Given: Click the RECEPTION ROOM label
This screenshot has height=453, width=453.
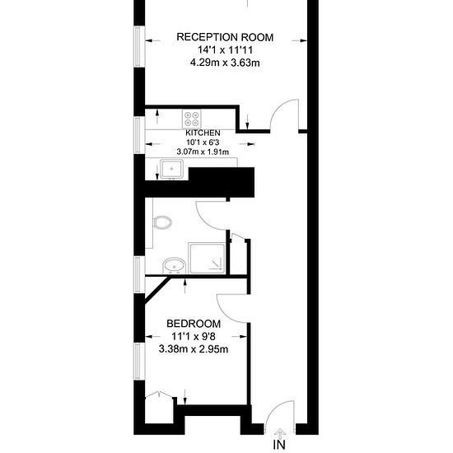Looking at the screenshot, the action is pos(225,37).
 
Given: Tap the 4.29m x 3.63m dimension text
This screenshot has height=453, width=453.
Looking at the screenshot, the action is pos(225,63).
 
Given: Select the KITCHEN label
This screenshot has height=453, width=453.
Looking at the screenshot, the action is pos(203,133).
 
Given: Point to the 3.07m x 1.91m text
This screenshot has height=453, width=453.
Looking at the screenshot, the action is pos(203,152).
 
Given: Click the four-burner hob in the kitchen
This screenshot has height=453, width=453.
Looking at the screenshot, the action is pos(192,119).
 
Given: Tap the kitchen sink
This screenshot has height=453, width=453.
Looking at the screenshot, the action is pos(171,169).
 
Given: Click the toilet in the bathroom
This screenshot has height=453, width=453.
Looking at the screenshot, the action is pos(162,222).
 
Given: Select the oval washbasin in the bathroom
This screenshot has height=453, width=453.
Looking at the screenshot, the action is pos(174,265).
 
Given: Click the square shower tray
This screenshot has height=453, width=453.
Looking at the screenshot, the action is pos(206,258).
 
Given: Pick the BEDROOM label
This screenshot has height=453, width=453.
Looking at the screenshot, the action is pos(194,324).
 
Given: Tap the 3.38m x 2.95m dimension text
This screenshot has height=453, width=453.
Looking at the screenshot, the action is pos(194,349).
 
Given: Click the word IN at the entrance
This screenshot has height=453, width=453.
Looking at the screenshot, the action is pos(279,445).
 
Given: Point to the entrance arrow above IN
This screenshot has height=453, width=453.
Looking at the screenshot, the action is pos(280,433).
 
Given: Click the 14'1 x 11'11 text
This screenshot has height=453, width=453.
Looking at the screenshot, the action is pos(225,50).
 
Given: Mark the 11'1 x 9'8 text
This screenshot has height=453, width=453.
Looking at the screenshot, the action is pos(194,337).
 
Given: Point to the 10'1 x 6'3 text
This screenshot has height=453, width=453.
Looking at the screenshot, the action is pos(203,142).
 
